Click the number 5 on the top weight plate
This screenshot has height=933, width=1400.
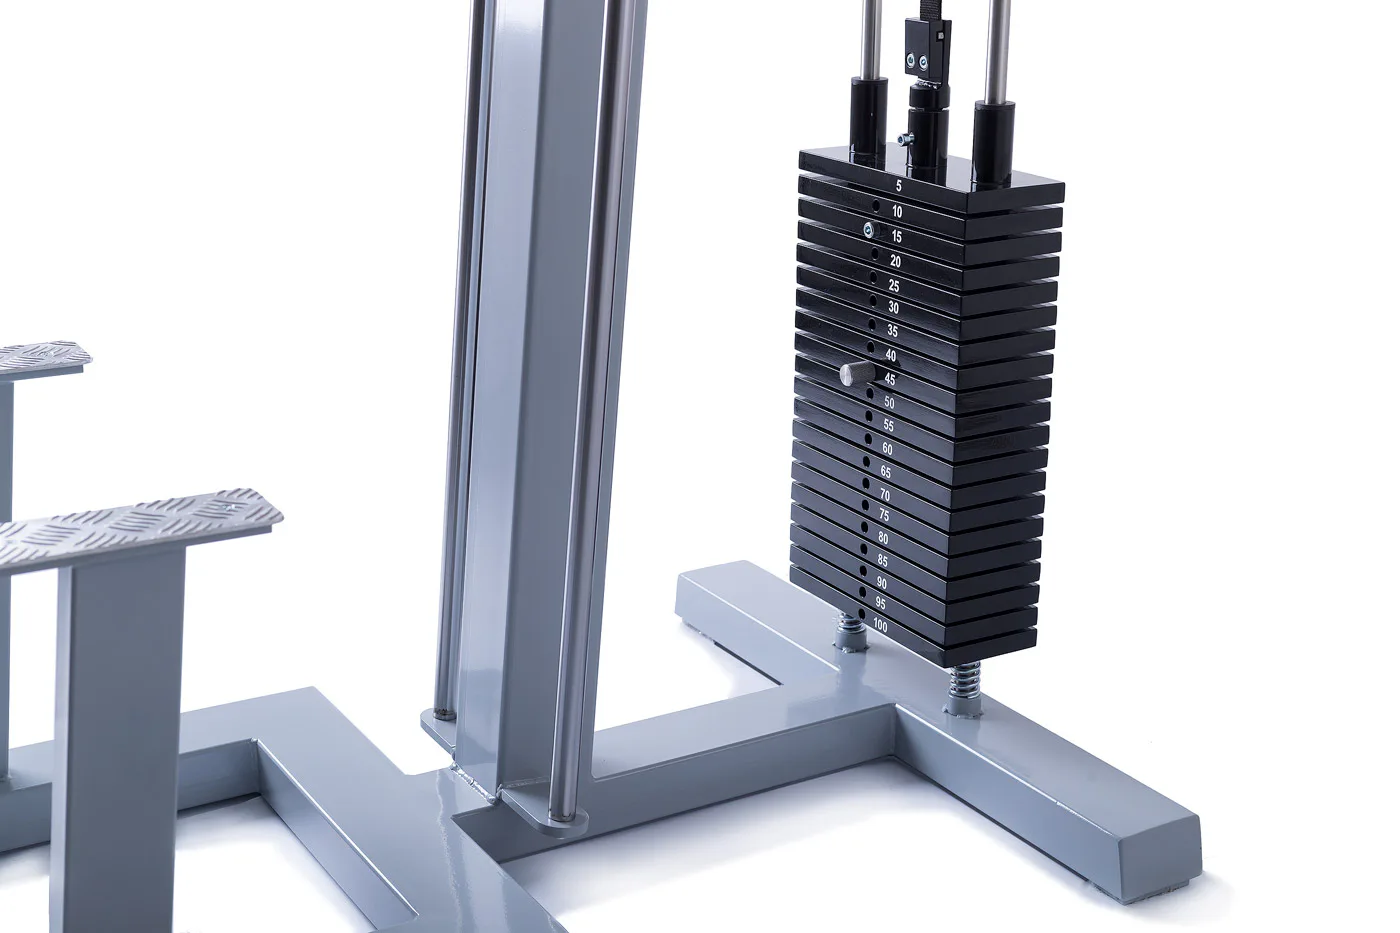tap(899, 186)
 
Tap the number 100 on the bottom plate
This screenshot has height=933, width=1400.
tap(879, 626)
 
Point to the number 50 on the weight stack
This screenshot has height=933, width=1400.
tap(889, 402)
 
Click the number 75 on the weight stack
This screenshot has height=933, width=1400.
tap(884, 515)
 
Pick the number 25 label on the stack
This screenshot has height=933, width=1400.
tap(894, 286)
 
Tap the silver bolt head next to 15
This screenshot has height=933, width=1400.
tap(869, 231)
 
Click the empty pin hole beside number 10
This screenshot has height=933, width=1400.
tap(876, 206)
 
